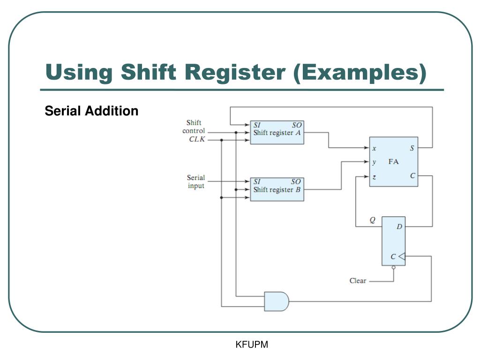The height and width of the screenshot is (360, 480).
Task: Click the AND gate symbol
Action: pos(276,301)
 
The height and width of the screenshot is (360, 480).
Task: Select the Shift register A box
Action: pos(277,132)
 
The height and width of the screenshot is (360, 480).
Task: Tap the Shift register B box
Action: pos(277,189)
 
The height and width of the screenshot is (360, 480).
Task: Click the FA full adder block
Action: pos(393,162)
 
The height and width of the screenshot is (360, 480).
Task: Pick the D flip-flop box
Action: pos(393,241)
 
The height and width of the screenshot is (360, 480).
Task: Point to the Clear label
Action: pos(358,281)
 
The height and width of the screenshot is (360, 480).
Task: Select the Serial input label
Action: pos(195,182)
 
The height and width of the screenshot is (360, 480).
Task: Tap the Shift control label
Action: pos(194,127)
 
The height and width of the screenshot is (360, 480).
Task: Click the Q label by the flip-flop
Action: pos(372,220)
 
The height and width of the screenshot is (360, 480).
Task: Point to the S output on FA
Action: pos(412,148)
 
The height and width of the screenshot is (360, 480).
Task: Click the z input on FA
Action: pos(374,177)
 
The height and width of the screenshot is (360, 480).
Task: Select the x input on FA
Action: pos(374,148)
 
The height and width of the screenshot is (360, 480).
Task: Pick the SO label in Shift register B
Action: pos(296,182)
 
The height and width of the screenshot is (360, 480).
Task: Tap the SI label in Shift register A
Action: pos(257,125)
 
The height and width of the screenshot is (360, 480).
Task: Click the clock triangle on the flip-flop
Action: pos(402,256)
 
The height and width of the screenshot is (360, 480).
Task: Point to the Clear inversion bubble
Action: pos(393,268)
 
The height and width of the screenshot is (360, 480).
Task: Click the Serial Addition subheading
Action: pos(91,111)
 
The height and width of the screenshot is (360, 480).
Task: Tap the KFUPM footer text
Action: pos(252,345)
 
